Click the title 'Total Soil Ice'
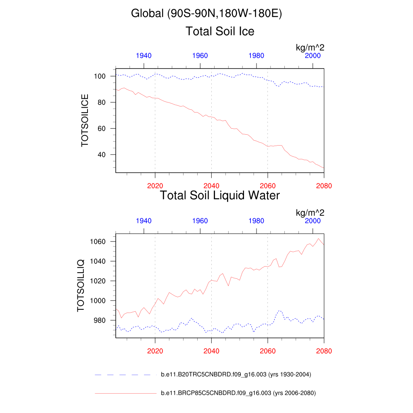[220, 31]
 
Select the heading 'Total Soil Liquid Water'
[220, 196]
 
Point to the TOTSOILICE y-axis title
[85, 120]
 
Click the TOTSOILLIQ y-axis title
[81, 285]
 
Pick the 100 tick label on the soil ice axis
[100, 76]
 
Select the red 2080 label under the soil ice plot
[324, 186]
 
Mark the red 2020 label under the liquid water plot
[155, 351]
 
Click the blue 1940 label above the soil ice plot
[144, 56]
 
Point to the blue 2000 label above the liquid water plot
[313, 221]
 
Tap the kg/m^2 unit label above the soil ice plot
[310, 48]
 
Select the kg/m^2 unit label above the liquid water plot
[310, 213]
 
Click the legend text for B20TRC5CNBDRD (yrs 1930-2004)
[236, 375]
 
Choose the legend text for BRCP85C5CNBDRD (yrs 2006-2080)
[238, 393]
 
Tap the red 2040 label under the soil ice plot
[211, 186]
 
